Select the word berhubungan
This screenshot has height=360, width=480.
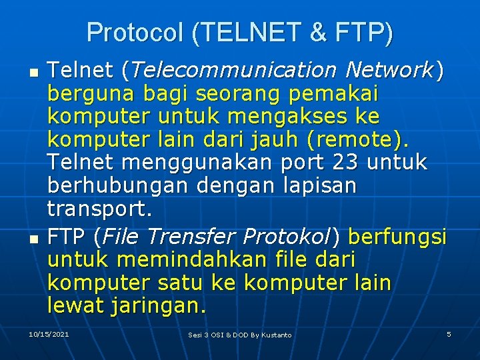[112, 187]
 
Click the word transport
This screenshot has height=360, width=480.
[99, 209]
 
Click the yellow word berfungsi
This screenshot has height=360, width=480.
[397, 237]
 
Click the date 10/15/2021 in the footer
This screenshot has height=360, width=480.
[49, 333]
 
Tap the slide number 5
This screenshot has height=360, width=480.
[449, 333]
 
